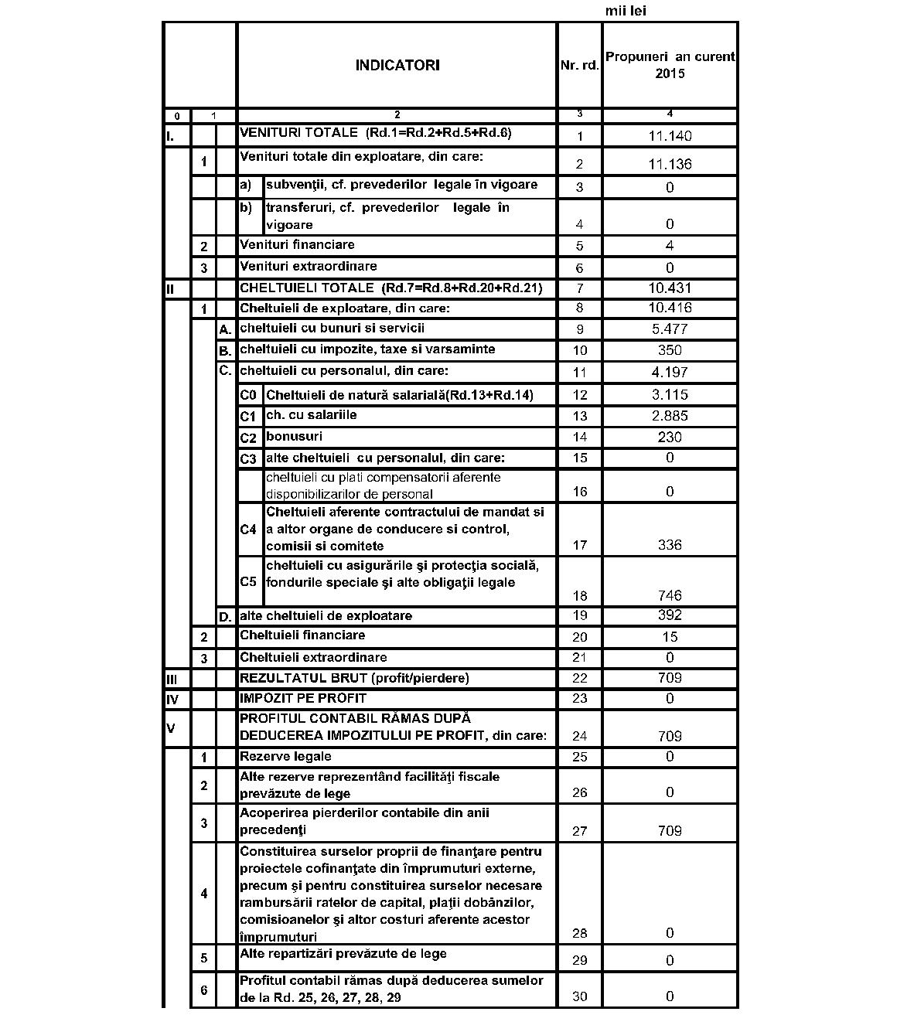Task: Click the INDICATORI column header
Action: (397, 66)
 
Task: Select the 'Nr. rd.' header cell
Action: (579, 66)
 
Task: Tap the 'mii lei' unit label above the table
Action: (626, 11)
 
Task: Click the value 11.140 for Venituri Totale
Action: (670, 136)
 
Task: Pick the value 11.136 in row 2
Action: (670, 164)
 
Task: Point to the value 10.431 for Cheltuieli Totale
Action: (670, 288)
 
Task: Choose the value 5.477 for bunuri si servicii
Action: (670, 329)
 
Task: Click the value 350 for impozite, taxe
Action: (670, 350)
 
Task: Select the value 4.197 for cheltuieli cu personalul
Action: (670, 372)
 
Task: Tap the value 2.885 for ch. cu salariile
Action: (670, 416)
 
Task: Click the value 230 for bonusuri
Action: (670, 438)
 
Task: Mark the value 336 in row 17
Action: (670, 545)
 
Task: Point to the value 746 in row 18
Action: (670, 595)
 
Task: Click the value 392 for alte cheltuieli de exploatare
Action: (670, 615)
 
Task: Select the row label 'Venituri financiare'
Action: (298, 245)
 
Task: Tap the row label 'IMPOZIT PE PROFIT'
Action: (303, 699)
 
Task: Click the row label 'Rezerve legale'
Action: (285, 757)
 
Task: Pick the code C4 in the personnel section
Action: (248, 530)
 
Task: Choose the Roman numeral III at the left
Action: (172, 680)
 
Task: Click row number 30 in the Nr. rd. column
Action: (579, 996)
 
